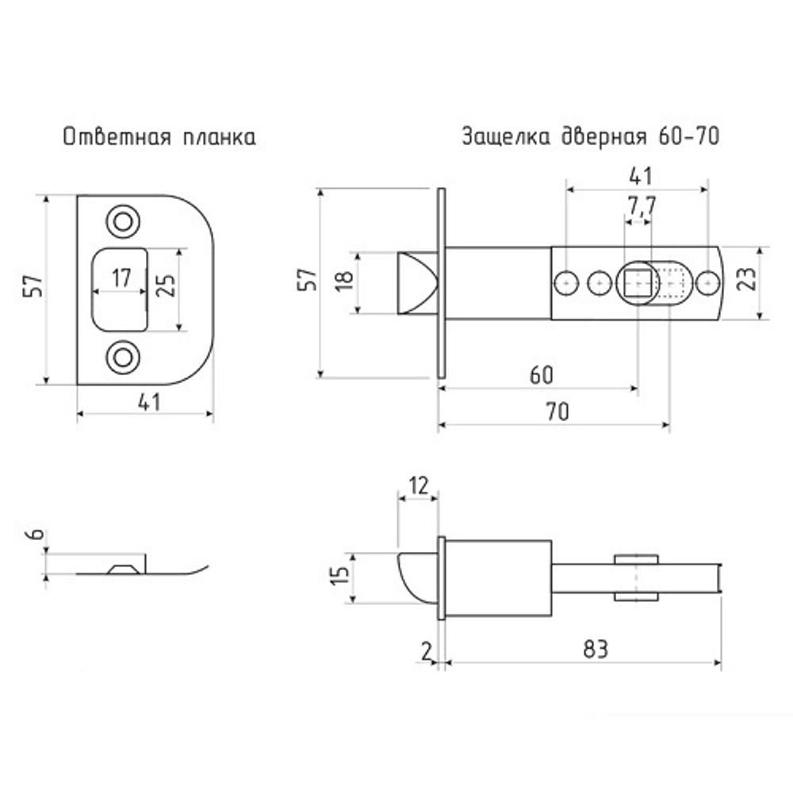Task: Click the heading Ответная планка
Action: click(159, 136)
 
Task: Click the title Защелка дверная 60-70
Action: click(590, 136)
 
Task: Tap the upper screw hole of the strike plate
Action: click(122, 220)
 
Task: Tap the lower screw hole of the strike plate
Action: click(122, 357)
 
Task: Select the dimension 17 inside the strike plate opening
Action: click(121, 278)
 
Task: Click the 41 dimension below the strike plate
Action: click(148, 402)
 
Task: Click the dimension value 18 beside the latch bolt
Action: click(342, 283)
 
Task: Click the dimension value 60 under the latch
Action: click(540, 375)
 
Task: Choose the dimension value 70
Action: click(557, 412)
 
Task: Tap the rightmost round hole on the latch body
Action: click(708, 282)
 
